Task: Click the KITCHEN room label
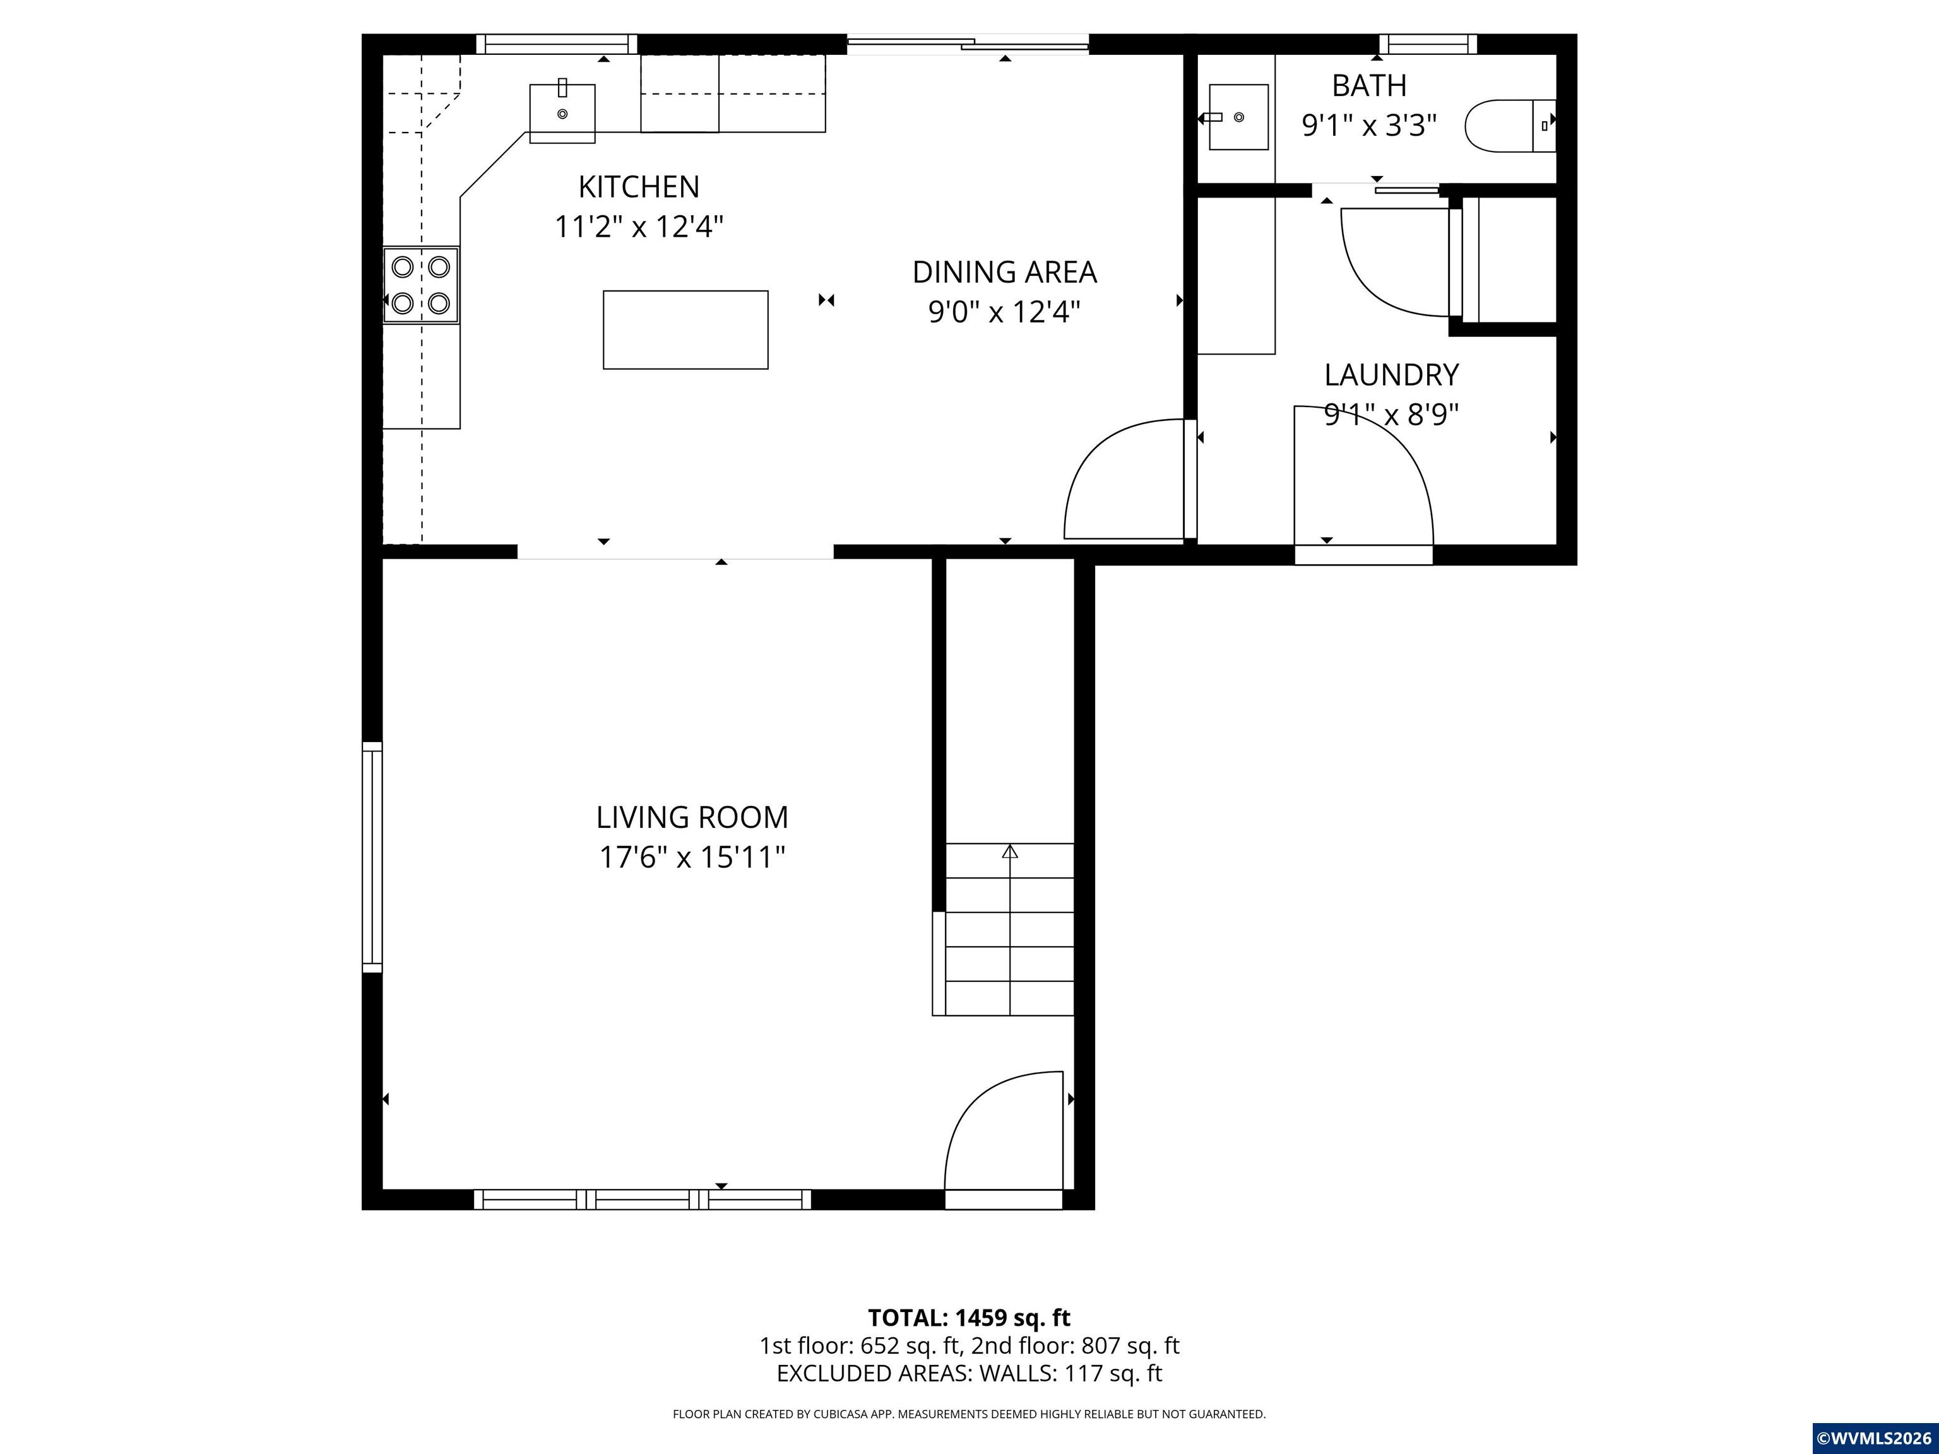click(x=639, y=187)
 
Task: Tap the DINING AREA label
click(x=1005, y=273)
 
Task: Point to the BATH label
click(x=1369, y=86)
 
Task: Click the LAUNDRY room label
click(x=1391, y=375)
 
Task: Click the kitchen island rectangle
click(x=685, y=329)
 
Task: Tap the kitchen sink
click(x=562, y=112)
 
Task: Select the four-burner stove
click(x=421, y=285)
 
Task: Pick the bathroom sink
click(x=1238, y=117)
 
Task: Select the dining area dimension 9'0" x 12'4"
click(x=1005, y=312)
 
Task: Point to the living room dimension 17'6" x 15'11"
click(x=692, y=857)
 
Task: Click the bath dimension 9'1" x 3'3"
click(x=1369, y=126)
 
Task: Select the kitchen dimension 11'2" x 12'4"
click(x=639, y=227)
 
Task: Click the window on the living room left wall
click(x=372, y=857)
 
